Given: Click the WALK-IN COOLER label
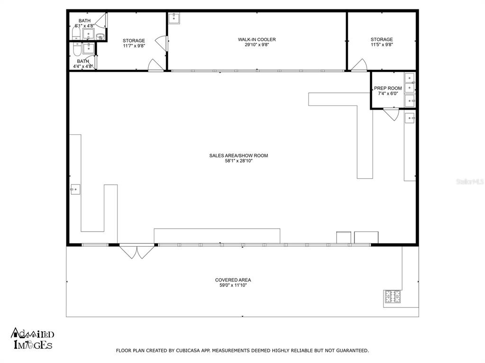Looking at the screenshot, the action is [257, 40].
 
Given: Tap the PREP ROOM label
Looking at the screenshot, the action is [388, 88].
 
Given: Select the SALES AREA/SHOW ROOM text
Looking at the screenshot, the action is [239, 156].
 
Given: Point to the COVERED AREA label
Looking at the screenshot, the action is [233, 280].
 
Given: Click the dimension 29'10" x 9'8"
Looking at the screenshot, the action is [257, 45].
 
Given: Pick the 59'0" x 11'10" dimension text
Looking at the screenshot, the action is [233, 285].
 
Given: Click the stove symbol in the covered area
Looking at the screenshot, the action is [393, 297].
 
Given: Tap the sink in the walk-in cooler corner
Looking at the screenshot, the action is [174, 18].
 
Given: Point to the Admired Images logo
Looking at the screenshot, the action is [33, 338].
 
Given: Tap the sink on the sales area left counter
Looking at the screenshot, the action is [75, 189].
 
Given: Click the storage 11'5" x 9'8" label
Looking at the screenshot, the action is [382, 42].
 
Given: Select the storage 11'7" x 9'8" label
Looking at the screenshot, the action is [134, 43].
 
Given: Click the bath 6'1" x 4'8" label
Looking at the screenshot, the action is [84, 23].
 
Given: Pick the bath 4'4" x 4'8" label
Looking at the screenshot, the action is [83, 64].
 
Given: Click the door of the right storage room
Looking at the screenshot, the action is [359, 65].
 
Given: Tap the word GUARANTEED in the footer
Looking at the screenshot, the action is [352, 350].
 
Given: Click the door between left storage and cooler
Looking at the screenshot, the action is [161, 43].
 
